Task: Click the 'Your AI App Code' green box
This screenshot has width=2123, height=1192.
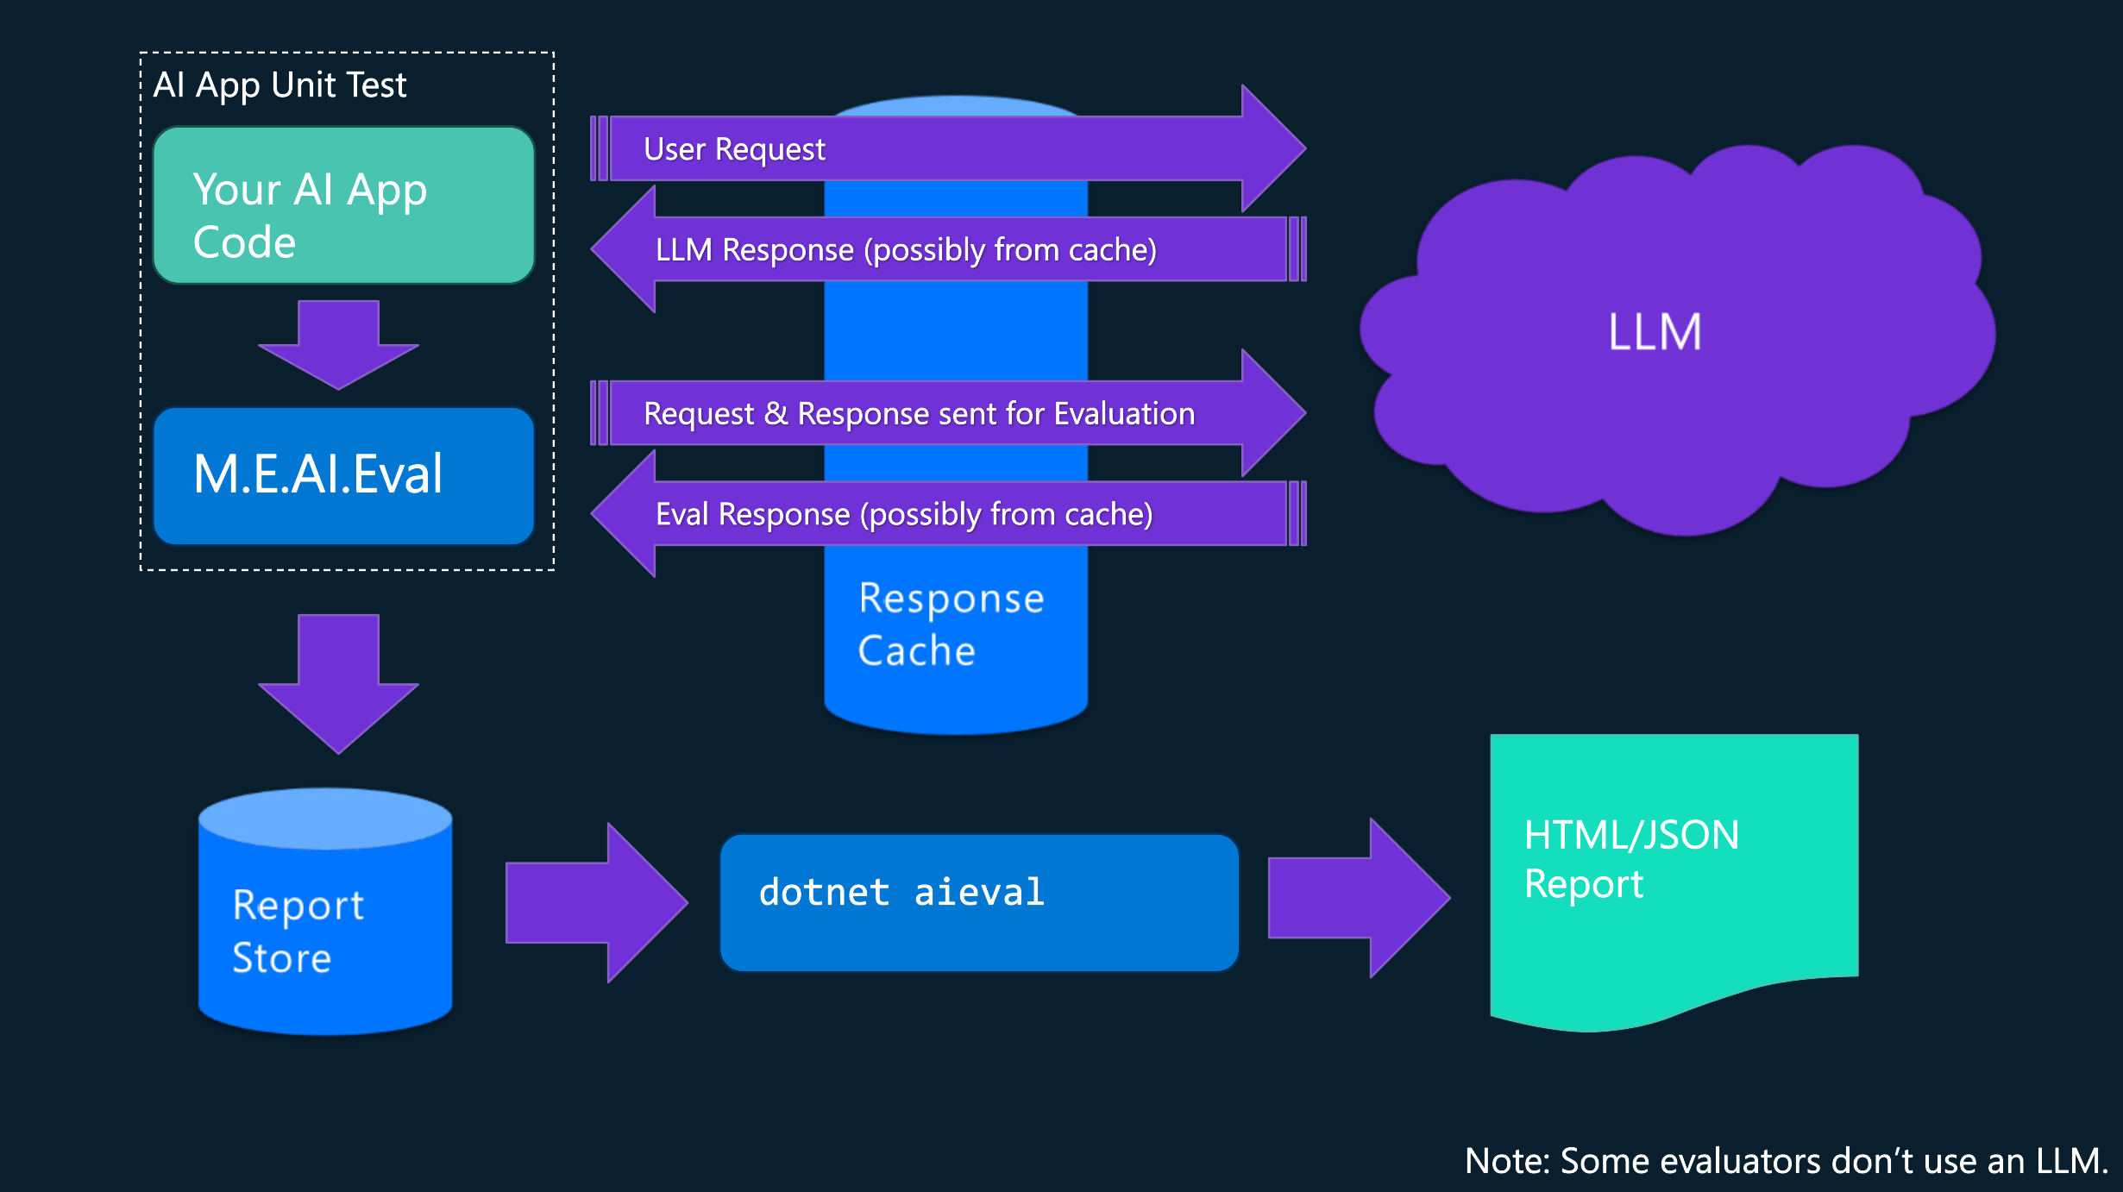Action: pyautogui.click(x=343, y=205)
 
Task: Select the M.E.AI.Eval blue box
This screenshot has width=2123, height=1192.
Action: pyautogui.click(x=343, y=475)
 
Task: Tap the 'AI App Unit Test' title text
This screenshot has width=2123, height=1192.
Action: pyautogui.click(x=280, y=85)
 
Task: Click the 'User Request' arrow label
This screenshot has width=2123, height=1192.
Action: pyautogui.click(x=734, y=149)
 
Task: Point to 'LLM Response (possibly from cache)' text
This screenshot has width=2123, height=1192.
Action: pyautogui.click(x=906, y=250)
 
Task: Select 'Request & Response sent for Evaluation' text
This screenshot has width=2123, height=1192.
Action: pyautogui.click(x=919, y=414)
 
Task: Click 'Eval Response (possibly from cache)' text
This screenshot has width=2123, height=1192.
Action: pyautogui.click(x=904, y=515)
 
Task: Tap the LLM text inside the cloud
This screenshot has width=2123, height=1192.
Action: pyautogui.click(x=1655, y=332)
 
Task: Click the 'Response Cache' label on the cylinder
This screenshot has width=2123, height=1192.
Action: pyautogui.click(x=951, y=624)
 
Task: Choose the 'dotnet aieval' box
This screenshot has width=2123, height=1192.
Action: pyautogui.click(x=979, y=901)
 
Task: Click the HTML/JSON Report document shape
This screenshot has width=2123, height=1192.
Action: pyautogui.click(x=1674, y=871)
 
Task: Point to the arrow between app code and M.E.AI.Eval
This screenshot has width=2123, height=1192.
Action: pyautogui.click(x=338, y=343)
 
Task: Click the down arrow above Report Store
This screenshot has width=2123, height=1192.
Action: pyautogui.click(x=338, y=681)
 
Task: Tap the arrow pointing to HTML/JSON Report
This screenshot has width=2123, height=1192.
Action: pyautogui.click(x=1359, y=898)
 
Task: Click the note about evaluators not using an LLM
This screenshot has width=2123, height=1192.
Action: pyautogui.click(x=1786, y=1161)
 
